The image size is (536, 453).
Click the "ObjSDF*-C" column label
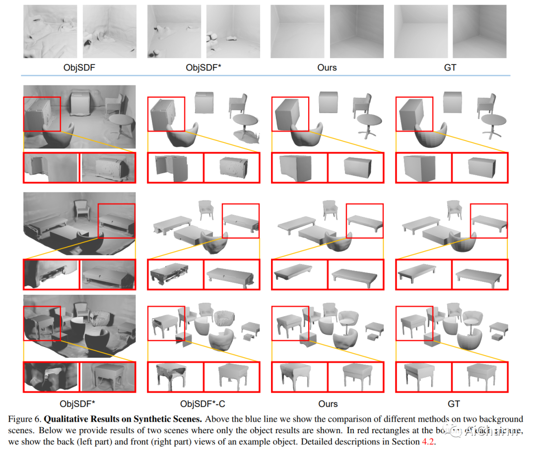tap(203, 403)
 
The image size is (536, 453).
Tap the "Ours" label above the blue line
tap(327, 67)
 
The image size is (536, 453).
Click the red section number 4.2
tap(427, 442)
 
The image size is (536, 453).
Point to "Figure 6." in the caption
tap(24, 419)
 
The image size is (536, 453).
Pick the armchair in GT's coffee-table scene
tap(455, 209)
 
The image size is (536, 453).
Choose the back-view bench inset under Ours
tap(299, 274)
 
